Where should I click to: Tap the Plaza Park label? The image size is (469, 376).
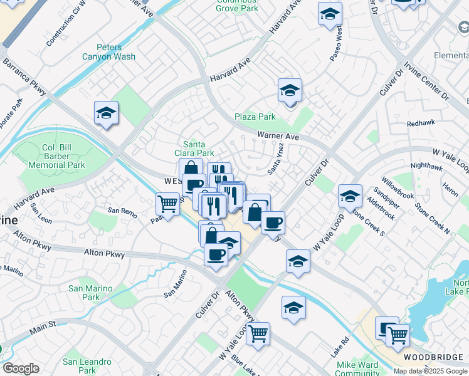[x=255, y=117]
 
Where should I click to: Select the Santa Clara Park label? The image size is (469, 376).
[x=198, y=149]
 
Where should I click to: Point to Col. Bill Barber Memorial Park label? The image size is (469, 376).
[x=55, y=157]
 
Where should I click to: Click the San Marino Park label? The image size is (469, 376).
[x=84, y=293]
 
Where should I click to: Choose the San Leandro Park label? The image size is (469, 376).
[x=87, y=366]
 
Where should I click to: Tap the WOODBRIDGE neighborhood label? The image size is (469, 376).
[x=432, y=357]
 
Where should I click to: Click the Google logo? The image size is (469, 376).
[x=21, y=368]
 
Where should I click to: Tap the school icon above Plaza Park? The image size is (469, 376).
[x=290, y=90]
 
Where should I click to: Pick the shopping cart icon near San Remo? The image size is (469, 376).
[x=167, y=203]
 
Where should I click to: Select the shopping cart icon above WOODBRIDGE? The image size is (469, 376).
[x=398, y=335]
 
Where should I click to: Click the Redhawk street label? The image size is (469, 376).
[x=420, y=123]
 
